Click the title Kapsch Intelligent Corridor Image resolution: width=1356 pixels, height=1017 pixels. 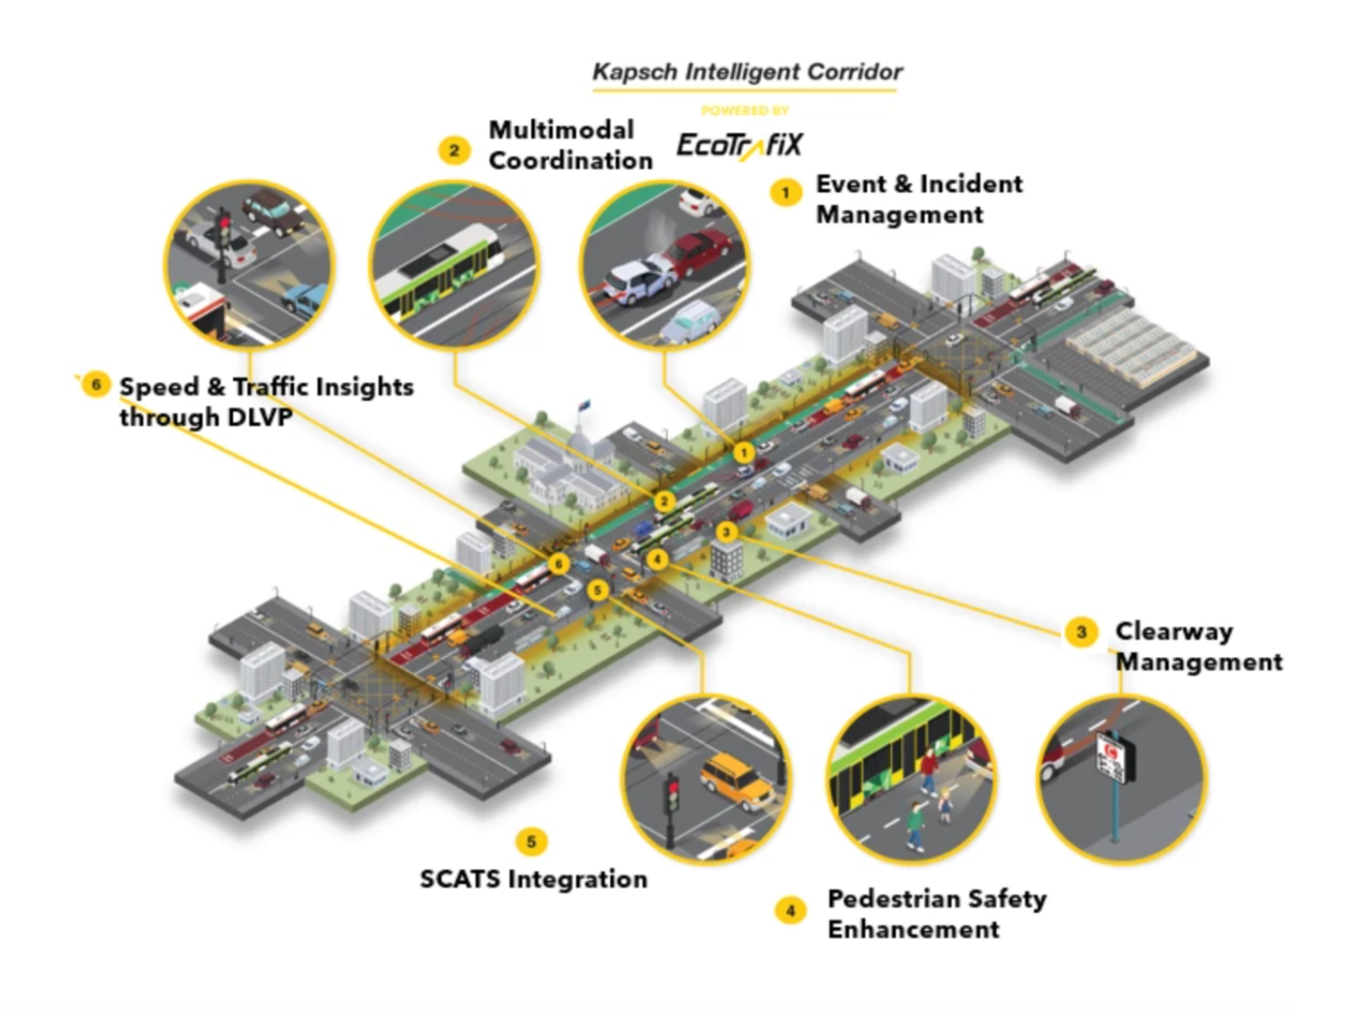[x=747, y=72]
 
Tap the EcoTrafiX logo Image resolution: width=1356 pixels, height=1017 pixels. [x=739, y=145]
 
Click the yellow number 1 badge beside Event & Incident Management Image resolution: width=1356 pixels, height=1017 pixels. [x=785, y=192]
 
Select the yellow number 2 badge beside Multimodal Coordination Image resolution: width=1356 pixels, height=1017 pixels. [x=454, y=150]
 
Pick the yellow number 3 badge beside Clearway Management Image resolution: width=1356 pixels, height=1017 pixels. [x=1081, y=632]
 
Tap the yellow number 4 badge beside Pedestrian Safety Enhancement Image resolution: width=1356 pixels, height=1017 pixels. [x=790, y=910]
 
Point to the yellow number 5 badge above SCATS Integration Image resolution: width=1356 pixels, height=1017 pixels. [x=531, y=841]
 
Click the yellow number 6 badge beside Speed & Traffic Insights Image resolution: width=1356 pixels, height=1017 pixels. [x=95, y=385]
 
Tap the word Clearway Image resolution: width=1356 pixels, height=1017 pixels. [x=1173, y=632]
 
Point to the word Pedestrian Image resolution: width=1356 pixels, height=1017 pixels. [x=893, y=899]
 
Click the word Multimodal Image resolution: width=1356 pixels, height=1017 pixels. [x=561, y=130]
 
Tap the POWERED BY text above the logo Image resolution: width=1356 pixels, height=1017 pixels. [x=744, y=111]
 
